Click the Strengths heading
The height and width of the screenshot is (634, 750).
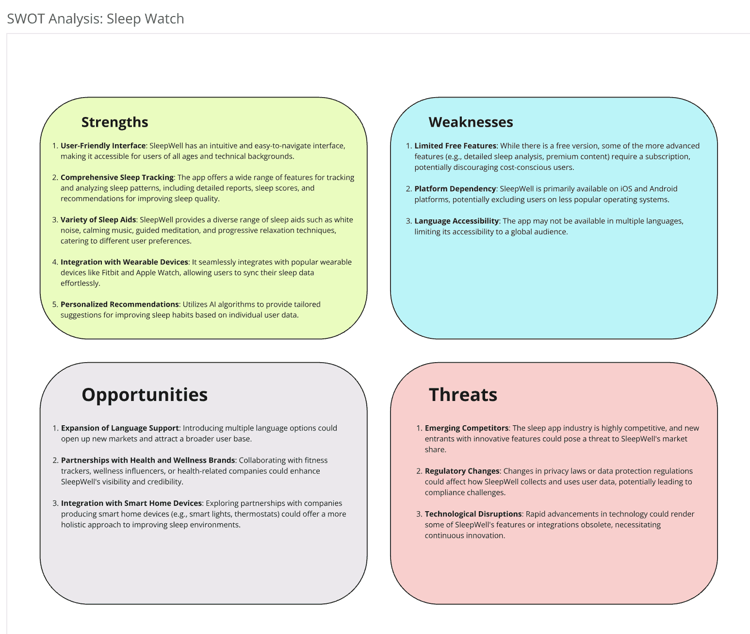tap(114, 122)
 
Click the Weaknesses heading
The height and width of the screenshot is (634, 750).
tap(471, 122)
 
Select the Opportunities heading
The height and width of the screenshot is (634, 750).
tap(145, 395)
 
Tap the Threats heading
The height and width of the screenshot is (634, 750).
tap(463, 395)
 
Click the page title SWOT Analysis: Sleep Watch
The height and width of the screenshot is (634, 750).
tap(96, 19)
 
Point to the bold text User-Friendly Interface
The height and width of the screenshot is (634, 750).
tap(103, 146)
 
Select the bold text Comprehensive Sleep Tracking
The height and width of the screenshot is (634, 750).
tap(117, 178)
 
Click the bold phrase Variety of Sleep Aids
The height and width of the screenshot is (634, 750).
tap(98, 220)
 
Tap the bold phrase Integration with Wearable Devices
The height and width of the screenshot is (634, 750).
tap(124, 262)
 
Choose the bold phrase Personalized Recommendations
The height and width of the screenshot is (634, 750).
tap(119, 304)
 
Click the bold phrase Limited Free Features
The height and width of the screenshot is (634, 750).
tap(455, 146)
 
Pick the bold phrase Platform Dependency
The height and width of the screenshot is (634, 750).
tap(455, 189)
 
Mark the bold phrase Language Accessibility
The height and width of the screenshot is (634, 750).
tap(457, 221)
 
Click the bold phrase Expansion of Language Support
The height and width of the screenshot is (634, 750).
tap(120, 428)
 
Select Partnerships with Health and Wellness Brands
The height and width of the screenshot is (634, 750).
tap(148, 460)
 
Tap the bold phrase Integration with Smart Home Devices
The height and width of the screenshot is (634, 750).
tap(131, 503)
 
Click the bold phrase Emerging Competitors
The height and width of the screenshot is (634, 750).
tap(467, 428)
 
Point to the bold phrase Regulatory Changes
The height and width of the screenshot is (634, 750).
tap(462, 471)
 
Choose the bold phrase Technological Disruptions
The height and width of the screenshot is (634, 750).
tap(473, 514)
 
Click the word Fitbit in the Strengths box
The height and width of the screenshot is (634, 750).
tap(110, 273)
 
